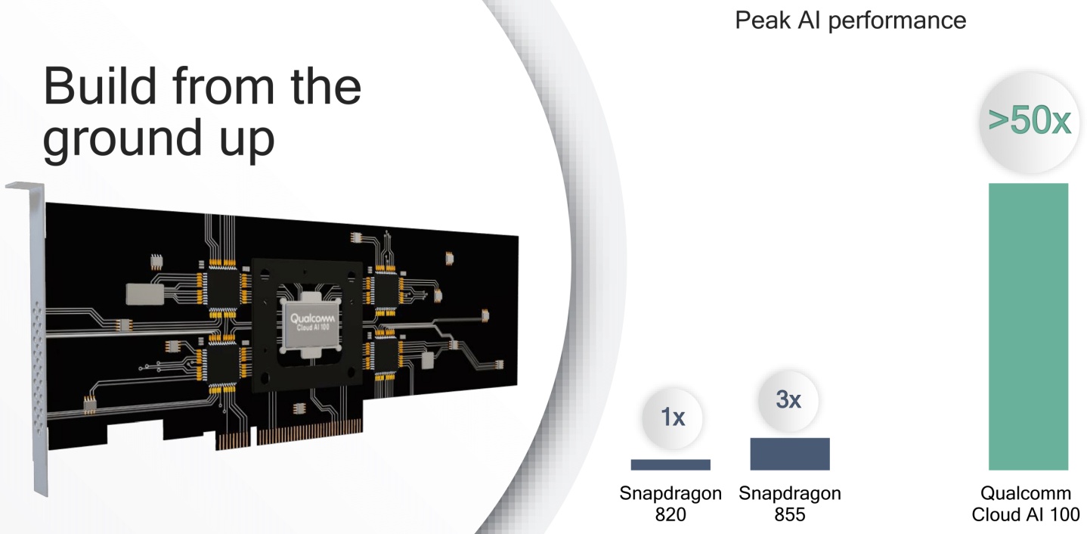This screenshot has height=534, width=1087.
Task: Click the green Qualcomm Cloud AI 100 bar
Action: pos(1028,326)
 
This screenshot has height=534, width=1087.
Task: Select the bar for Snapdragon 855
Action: pos(790,454)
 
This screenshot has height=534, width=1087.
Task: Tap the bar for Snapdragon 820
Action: pos(670,464)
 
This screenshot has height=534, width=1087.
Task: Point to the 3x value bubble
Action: pos(788,401)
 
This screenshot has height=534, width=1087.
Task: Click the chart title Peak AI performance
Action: pos(850,21)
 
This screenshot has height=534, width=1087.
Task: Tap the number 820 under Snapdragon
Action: pos(670,514)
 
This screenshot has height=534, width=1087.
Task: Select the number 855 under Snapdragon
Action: pos(789,514)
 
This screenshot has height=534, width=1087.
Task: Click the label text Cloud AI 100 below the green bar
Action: pos(1026,514)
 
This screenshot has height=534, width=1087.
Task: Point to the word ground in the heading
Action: pos(122,139)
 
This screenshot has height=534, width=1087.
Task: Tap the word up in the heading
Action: pos(247,141)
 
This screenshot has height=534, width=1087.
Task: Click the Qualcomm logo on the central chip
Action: pos(312,318)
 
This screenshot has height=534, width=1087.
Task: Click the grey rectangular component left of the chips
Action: pos(145,294)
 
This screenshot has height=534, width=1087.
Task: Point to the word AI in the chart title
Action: pos(810,20)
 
